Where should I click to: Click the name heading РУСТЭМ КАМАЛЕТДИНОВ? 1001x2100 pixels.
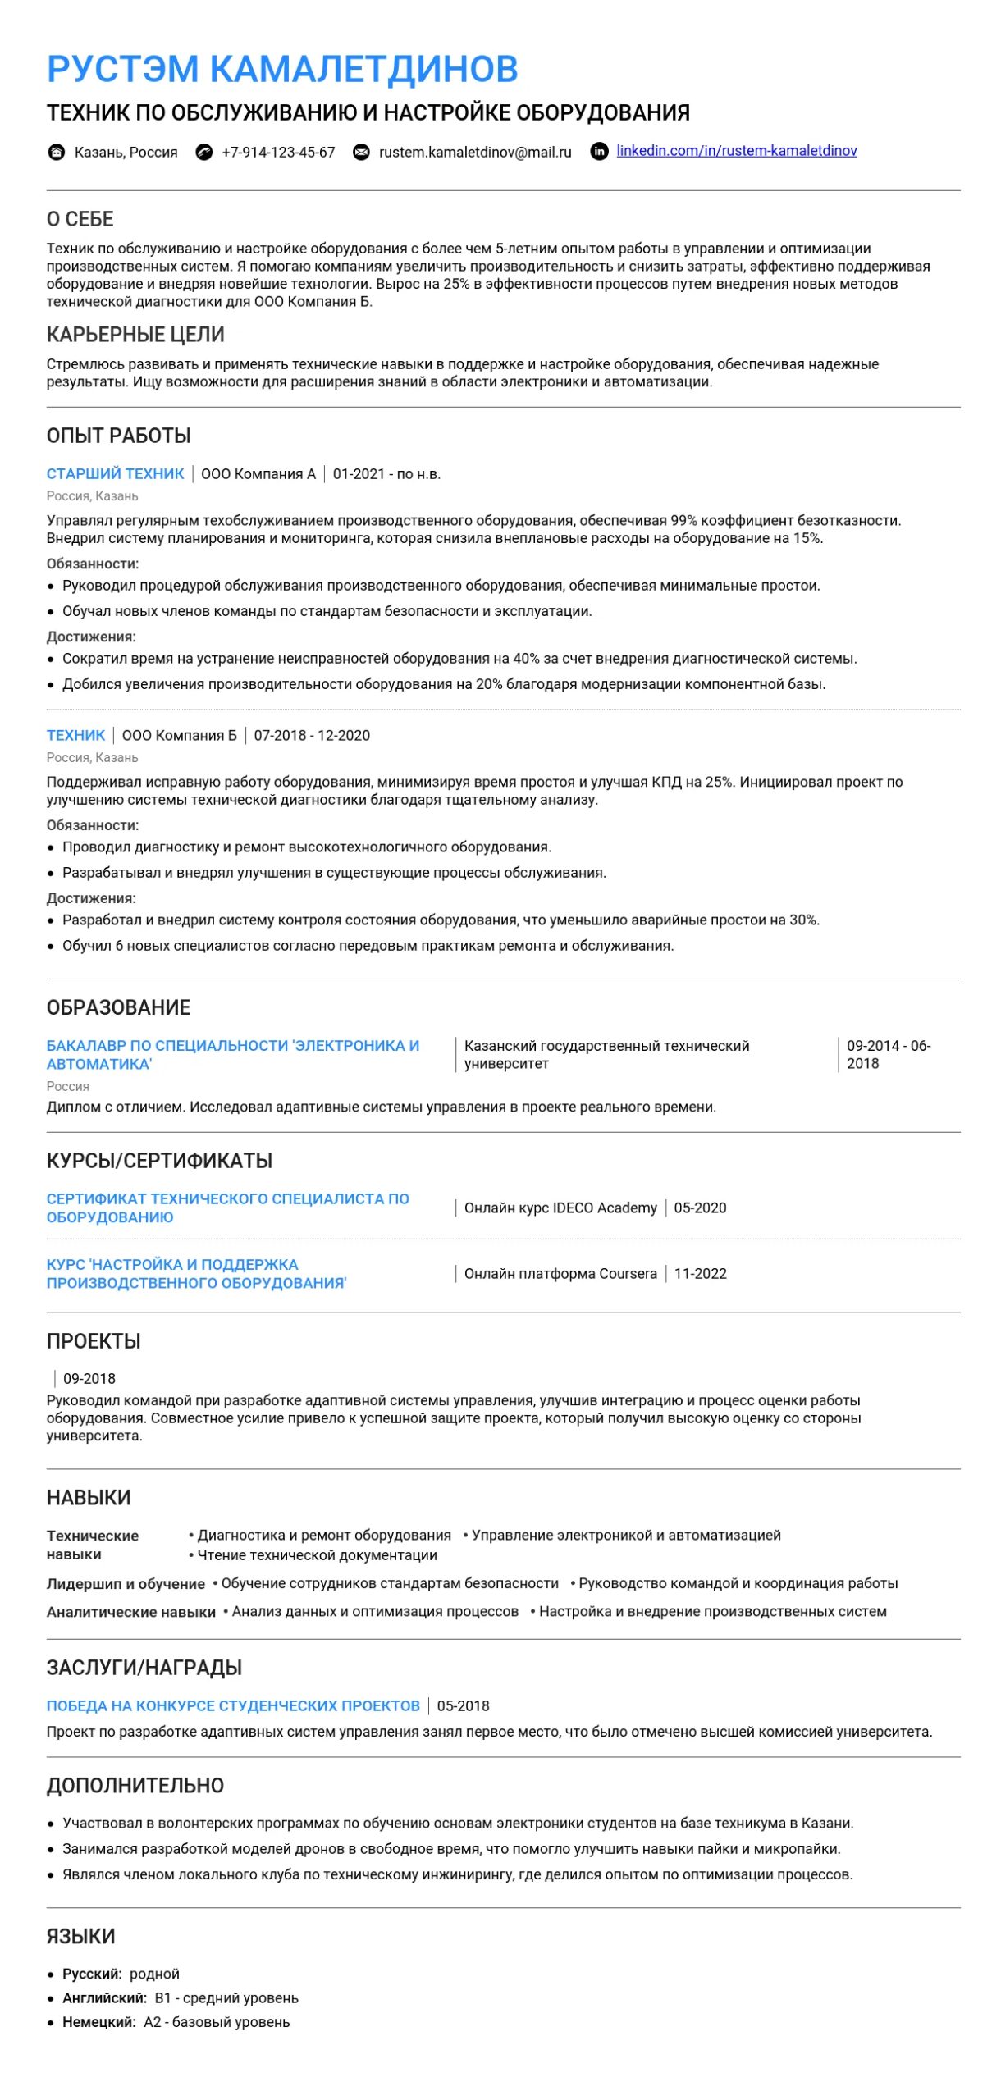282,69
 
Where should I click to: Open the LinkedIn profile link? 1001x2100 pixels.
736,151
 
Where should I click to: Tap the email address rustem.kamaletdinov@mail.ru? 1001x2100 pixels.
475,153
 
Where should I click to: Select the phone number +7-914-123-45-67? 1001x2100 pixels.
278,153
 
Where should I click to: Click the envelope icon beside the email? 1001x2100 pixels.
361,153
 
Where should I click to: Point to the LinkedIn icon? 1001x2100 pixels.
600,152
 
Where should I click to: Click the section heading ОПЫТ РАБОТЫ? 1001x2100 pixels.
119,436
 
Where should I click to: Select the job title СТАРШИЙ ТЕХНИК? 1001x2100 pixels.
116,474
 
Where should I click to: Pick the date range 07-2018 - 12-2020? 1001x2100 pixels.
312,736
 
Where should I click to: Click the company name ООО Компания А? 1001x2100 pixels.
258,474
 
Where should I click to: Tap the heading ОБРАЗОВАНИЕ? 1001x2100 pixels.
119,1007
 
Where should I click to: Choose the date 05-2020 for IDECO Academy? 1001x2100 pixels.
700,1208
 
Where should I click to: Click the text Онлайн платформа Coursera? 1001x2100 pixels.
560,1274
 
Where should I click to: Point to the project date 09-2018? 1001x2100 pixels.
89,1379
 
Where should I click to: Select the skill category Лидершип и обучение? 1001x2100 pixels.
126,1584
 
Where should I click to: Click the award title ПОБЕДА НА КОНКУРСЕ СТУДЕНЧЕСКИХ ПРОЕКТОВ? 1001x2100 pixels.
233,1706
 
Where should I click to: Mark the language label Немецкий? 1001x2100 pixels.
98,2022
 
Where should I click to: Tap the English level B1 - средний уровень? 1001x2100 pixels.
226,1998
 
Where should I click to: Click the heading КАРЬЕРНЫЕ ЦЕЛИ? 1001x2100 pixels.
135,335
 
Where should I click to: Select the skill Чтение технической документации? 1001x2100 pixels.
317,1555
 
